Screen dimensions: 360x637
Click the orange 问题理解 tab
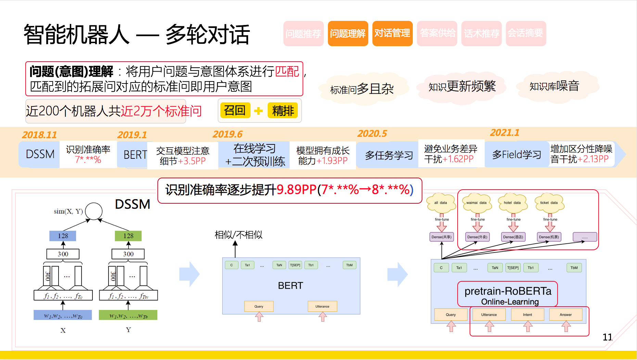point(348,34)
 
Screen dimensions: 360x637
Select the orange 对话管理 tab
point(392,34)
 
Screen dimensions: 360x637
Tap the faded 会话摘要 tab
point(526,34)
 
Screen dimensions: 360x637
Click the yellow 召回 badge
point(235,110)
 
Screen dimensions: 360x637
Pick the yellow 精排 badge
point(283,111)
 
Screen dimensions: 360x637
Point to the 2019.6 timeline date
point(228,134)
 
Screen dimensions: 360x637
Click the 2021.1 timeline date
point(505,133)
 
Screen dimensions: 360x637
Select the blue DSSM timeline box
point(40,154)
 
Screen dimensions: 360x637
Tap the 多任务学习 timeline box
point(389,155)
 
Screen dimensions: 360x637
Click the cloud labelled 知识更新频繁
point(462,86)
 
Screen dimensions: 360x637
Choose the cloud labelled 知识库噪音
point(554,86)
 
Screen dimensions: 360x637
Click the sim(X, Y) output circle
point(93,211)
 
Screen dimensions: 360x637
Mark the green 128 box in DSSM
point(128,236)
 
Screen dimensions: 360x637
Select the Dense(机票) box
point(549,237)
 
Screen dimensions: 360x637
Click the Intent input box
point(527,314)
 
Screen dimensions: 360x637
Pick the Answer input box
point(565,314)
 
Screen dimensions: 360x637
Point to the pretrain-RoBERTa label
point(508,291)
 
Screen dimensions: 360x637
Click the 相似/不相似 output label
point(239,235)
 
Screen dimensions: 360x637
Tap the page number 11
point(607,337)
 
